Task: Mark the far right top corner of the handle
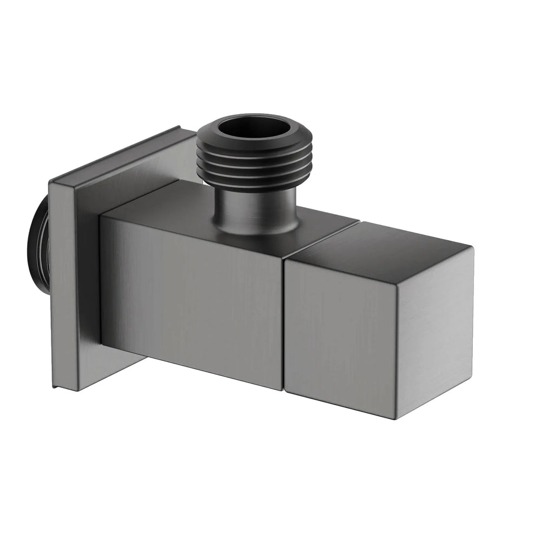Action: click(x=472, y=248)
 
